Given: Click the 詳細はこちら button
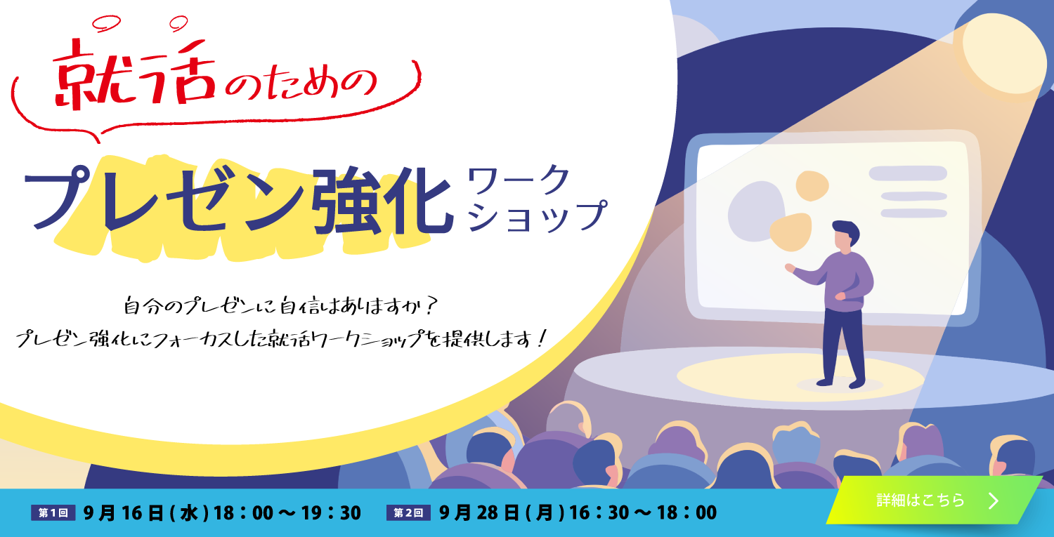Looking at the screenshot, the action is click(934, 500).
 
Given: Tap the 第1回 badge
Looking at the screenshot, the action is click(53, 512).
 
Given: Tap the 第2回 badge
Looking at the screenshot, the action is click(408, 512).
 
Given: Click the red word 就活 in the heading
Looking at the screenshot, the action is click(134, 75).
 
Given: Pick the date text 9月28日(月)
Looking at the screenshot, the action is click(502, 512).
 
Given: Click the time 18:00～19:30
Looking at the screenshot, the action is click(287, 512).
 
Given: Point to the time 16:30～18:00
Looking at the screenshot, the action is click(643, 512).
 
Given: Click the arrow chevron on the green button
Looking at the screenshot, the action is click(994, 500).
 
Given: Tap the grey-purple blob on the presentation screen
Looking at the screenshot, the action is click(755, 211).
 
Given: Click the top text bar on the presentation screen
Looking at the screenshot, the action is click(908, 173).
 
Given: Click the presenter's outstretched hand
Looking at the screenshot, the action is click(790, 268).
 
